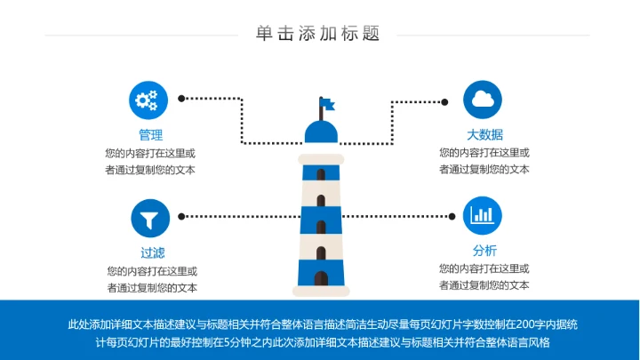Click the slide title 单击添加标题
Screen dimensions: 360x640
(x=318, y=34)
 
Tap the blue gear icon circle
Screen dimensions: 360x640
(x=149, y=100)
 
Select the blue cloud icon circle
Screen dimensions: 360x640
(x=484, y=100)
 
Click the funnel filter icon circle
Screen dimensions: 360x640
(x=149, y=217)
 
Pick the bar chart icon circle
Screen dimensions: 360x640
(x=484, y=215)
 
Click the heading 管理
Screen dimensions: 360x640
(x=150, y=135)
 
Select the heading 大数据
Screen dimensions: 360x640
(x=484, y=135)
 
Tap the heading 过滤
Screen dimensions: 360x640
(x=152, y=252)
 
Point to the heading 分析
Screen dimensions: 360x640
(x=484, y=251)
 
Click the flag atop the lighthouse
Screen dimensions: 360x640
(x=327, y=104)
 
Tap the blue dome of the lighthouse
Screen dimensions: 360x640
(x=322, y=132)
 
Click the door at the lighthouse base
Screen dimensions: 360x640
(x=321, y=278)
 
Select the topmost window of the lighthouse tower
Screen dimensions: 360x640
(x=321, y=174)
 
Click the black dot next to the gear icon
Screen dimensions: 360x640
(x=182, y=100)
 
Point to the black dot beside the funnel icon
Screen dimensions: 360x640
(x=182, y=216)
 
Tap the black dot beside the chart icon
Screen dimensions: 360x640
(x=449, y=215)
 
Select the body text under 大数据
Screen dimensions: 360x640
(x=484, y=161)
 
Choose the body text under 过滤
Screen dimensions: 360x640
(x=152, y=279)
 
